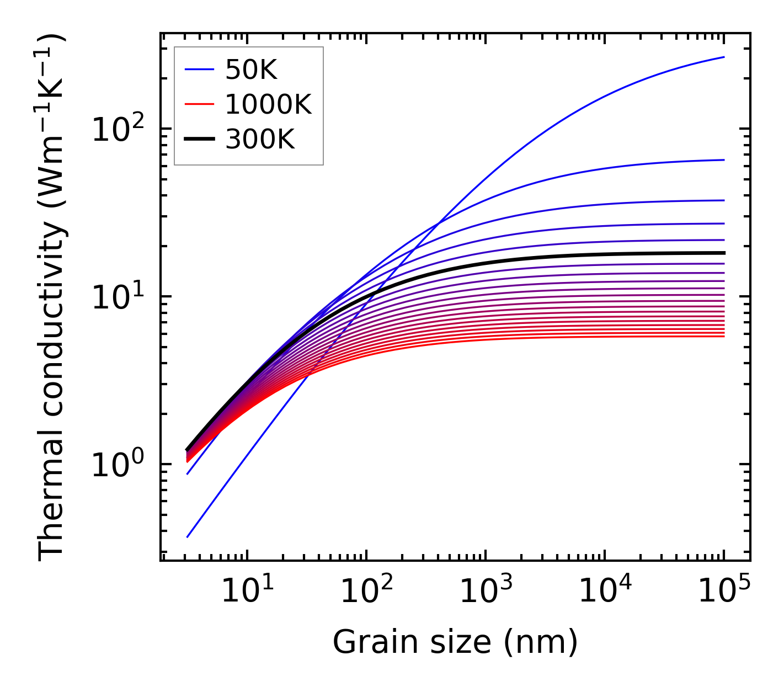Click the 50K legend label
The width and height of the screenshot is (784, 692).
pyautogui.click(x=250, y=70)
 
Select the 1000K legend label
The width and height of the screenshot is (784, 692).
pyautogui.click(x=268, y=105)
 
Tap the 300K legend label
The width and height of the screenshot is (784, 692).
pyautogui.click(x=260, y=140)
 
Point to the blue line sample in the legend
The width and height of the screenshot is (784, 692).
pyautogui.click(x=199, y=70)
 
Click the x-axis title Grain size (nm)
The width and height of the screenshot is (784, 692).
pyautogui.click(x=455, y=642)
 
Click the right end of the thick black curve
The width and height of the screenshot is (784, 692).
pyautogui.click(x=724, y=253)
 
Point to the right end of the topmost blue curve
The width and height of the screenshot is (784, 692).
pyautogui.click(x=724, y=57)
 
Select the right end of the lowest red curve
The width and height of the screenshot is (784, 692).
pyautogui.click(x=724, y=336)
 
